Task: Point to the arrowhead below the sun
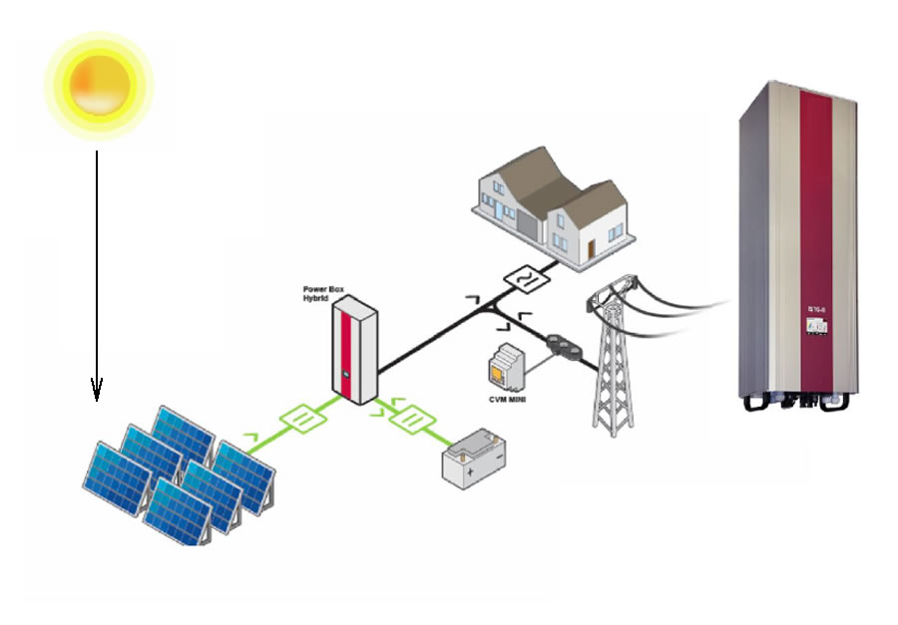97,392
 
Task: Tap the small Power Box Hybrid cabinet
353,354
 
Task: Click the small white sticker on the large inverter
813,325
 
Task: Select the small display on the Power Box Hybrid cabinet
345,377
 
